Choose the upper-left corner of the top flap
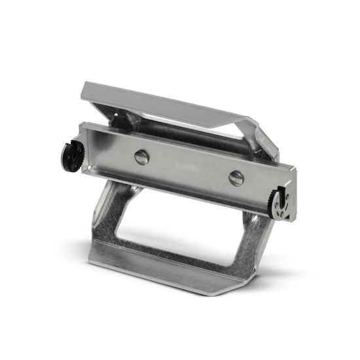click(86, 85)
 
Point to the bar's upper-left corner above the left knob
click(81, 124)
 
